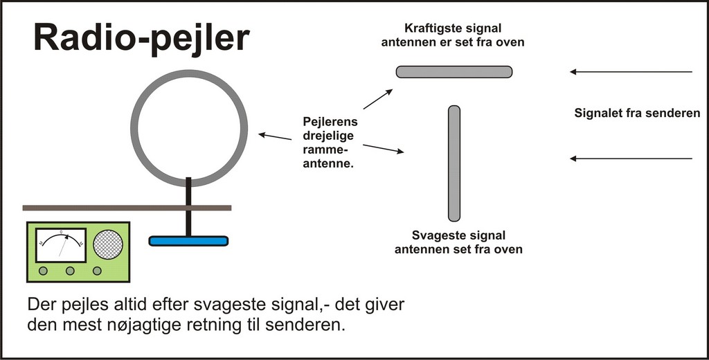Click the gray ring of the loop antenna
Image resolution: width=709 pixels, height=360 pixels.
point(132,128)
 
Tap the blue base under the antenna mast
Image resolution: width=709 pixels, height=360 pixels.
point(188,241)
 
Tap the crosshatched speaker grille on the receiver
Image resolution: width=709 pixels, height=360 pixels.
point(108,244)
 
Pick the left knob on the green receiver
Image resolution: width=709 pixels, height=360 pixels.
point(43,271)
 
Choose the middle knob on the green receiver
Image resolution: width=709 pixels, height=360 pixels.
point(70,271)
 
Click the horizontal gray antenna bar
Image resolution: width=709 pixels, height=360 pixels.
point(454,71)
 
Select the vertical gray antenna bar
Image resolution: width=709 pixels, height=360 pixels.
point(454,163)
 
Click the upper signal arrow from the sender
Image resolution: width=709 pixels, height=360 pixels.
point(630,71)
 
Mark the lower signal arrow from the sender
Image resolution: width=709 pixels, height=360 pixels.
point(630,159)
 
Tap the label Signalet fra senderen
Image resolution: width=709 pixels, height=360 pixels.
point(637,113)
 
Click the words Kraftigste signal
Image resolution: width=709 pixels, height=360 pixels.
point(454,29)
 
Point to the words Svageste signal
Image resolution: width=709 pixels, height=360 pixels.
point(458,235)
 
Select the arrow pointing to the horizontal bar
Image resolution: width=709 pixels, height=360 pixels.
point(378,99)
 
